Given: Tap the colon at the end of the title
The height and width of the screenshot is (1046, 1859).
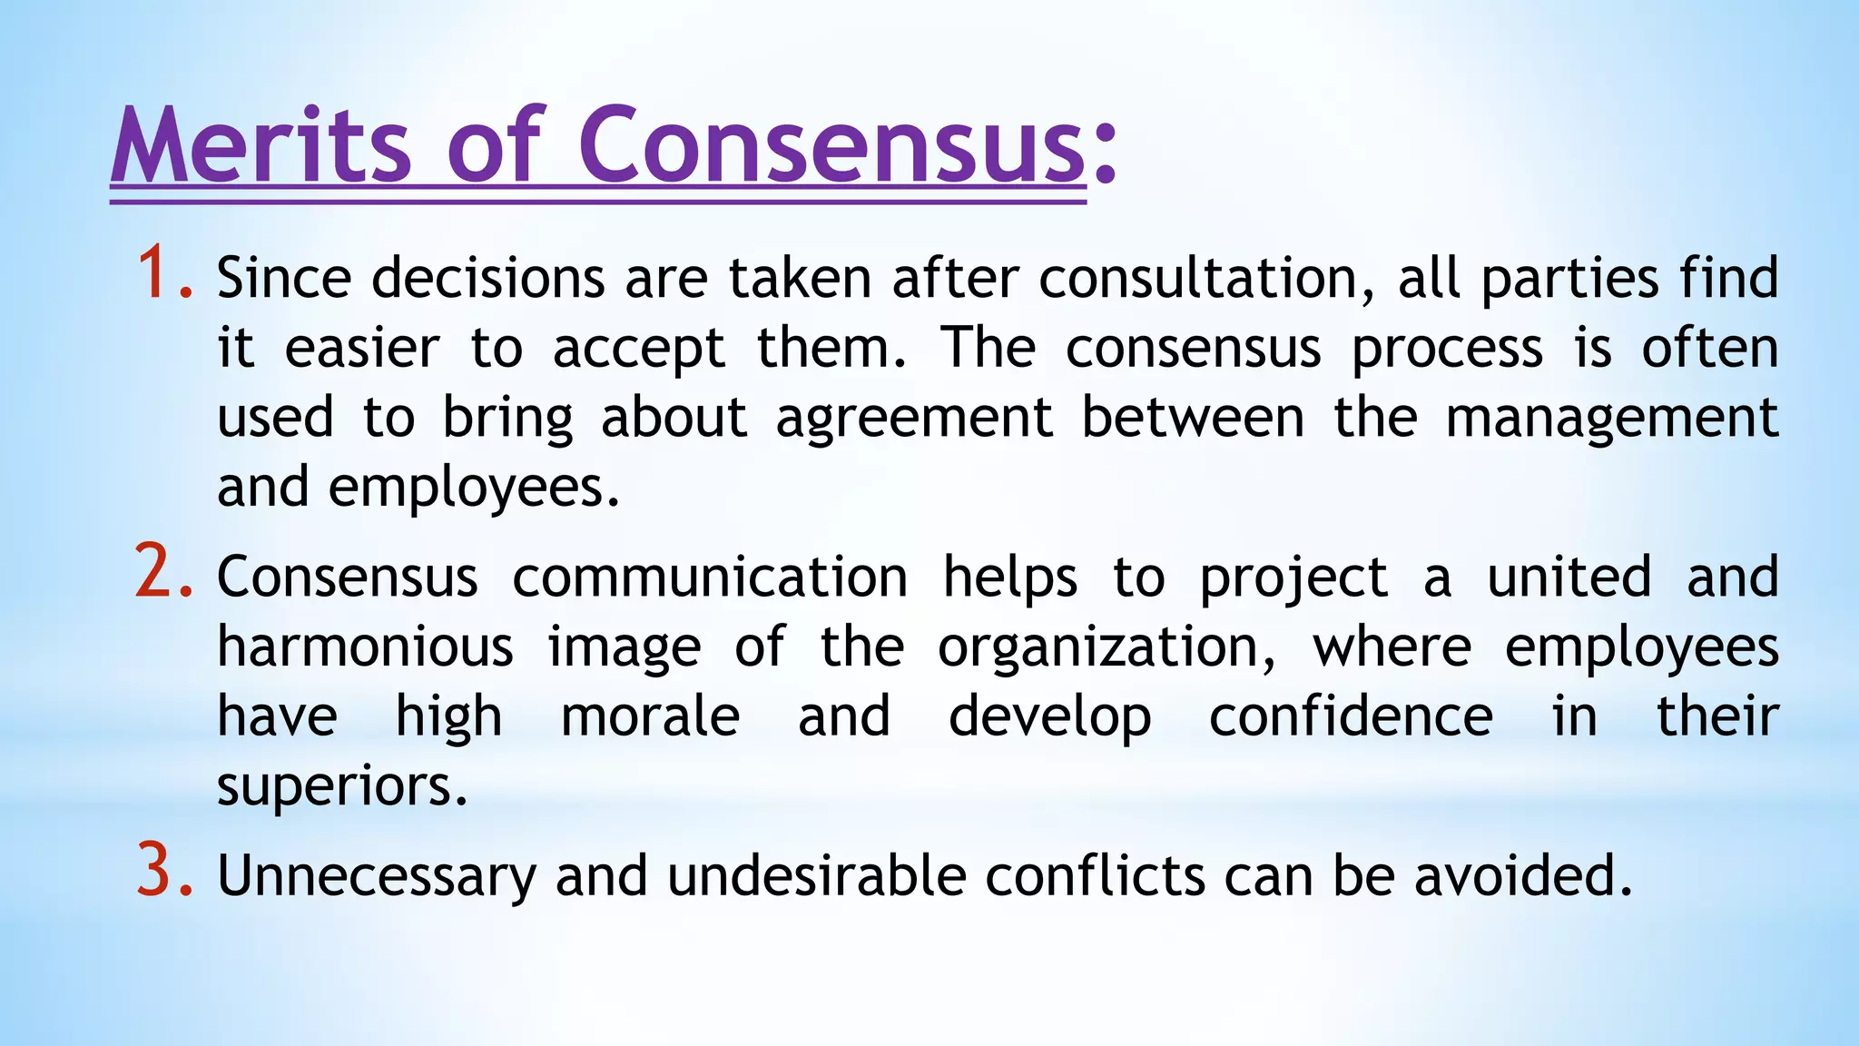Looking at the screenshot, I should (1104, 154).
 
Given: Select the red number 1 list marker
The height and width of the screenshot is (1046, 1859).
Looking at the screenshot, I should (163, 273).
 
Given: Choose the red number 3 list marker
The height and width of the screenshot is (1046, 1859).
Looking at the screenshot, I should (163, 872).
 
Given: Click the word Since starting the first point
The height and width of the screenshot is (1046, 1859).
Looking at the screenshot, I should (284, 278).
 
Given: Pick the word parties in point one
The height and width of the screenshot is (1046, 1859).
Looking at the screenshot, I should (1569, 278).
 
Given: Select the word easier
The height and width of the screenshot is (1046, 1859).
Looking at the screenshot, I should (362, 348).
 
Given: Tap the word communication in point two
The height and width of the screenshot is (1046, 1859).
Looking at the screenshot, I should (710, 577).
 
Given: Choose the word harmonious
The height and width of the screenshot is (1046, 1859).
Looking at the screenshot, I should (365, 647).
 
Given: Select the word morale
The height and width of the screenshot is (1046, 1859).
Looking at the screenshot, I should (650, 716).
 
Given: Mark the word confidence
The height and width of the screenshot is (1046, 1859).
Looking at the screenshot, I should (1351, 716).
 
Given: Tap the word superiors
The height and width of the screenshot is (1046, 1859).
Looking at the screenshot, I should (342, 786).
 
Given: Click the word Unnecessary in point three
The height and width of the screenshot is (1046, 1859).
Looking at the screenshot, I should (377, 877).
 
